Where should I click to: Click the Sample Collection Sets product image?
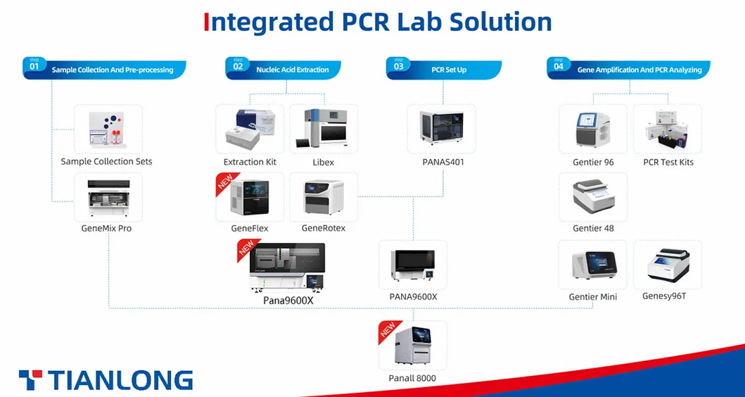click(108, 130)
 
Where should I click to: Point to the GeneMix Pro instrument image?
click(108, 196)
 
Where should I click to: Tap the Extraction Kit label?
click(250, 162)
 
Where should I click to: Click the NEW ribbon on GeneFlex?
click(224, 184)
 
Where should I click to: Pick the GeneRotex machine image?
click(324, 196)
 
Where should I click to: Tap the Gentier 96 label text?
click(593, 162)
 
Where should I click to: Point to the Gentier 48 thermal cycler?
click(593, 196)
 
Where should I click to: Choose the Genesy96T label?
click(664, 296)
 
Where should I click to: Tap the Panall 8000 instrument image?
click(413, 346)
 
